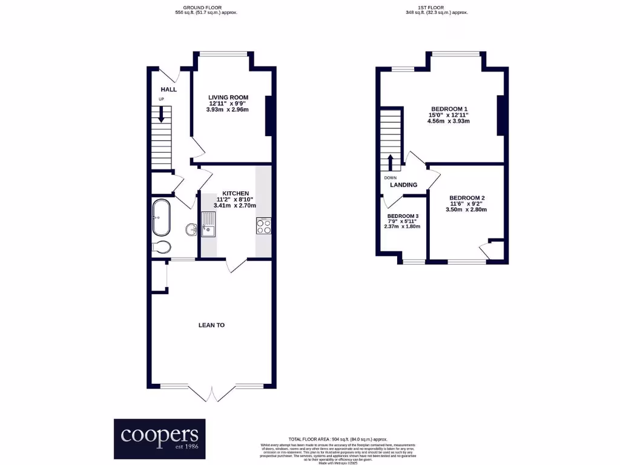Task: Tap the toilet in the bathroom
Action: [163, 246]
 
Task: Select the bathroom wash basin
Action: [191, 229]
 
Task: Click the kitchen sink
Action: [209, 223]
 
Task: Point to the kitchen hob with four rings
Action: [263, 226]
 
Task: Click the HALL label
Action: [168, 90]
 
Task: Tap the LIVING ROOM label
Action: [228, 97]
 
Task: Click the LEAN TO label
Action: [211, 325]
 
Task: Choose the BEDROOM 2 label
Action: [466, 198]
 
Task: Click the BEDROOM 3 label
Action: [403, 216]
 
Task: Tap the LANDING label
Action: [403, 185]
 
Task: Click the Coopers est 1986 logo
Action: [160, 438]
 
